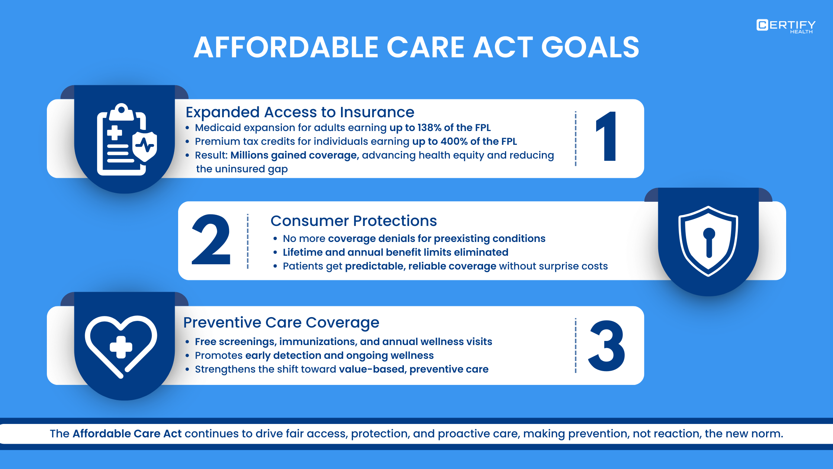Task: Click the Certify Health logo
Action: click(x=785, y=26)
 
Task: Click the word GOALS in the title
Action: click(x=590, y=48)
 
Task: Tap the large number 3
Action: click(x=607, y=346)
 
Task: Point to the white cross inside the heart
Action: click(x=121, y=347)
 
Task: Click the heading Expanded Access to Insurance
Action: click(x=300, y=112)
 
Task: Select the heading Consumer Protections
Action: click(x=353, y=221)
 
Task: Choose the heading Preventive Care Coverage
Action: click(x=281, y=322)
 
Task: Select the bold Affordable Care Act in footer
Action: click(x=127, y=434)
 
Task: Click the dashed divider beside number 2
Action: click(x=248, y=241)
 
